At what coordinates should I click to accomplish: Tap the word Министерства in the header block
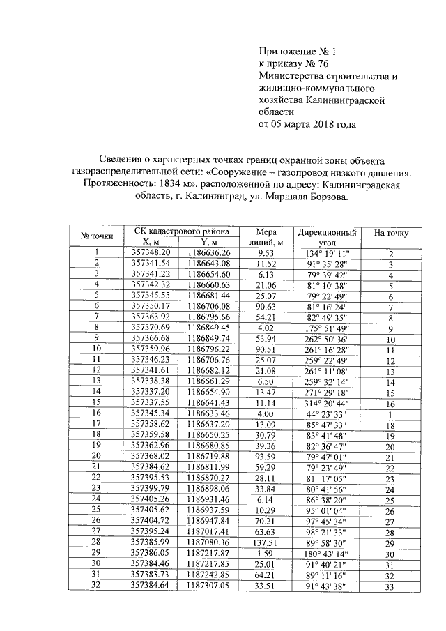[x=291, y=76]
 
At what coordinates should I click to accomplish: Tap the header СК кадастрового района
[x=180, y=231]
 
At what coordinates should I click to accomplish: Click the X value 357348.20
[x=151, y=252]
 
